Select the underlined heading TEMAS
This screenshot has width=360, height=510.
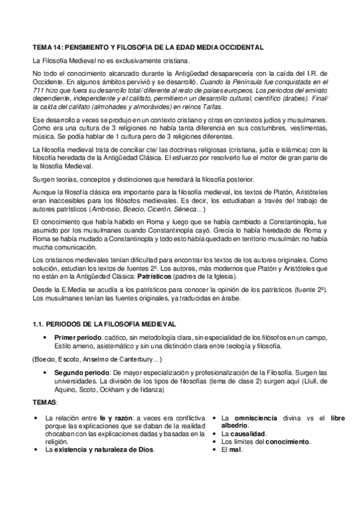(44, 401)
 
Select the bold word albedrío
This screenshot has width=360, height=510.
(235, 426)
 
